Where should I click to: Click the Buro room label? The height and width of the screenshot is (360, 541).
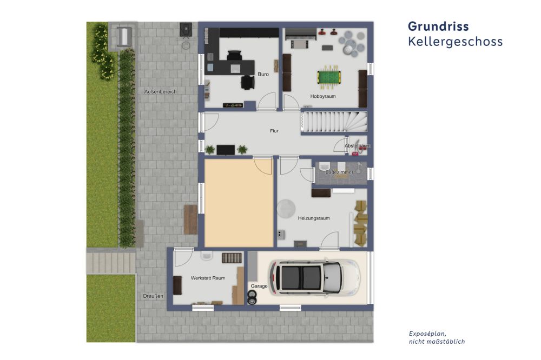pyautogui.click(x=263, y=74)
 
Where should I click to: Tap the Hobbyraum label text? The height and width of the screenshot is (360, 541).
pyautogui.click(x=322, y=96)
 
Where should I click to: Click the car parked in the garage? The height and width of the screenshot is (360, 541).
pyautogui.click(x=315, y=278)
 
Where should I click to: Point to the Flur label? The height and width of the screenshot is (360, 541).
pyautogui.click(x=274, y=131)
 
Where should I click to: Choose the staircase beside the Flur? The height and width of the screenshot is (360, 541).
pyautogui.click(x=334, y=122)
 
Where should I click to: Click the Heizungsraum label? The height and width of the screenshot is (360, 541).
pyautogui.click(x=314, y=218)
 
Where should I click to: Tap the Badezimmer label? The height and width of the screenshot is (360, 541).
pyautogui.click(x=339, y=172)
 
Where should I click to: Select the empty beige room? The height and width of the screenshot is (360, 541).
pyautogui.click(x=239, y=203)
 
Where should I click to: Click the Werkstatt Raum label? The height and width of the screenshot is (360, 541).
pyautogui.click(x=208, y=278)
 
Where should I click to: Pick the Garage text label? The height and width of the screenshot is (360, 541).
pyautogui.click(x=259, y=286)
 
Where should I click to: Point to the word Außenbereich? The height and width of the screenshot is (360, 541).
pyautogui.click(x=160, y=91)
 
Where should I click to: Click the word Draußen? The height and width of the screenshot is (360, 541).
pyautogui.click(x=153, y=296)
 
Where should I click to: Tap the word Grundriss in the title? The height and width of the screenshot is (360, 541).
pyautogui.click(x=438, y=26)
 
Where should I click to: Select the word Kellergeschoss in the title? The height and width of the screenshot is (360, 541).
pyautogui.click(x=455, y=42)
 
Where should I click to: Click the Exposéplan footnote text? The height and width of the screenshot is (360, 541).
pyautogui.click(x=437, y=337)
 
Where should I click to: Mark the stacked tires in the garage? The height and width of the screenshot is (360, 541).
pyautogui.click(x=252, y=298)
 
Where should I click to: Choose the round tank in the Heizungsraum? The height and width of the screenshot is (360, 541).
pyautogui.click(x=286, y=209)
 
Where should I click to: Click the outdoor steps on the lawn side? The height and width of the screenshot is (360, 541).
pyautogui.click(x=111, y=262)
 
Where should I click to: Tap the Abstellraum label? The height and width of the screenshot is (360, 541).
pyautogui.click(x=358, y=146)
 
